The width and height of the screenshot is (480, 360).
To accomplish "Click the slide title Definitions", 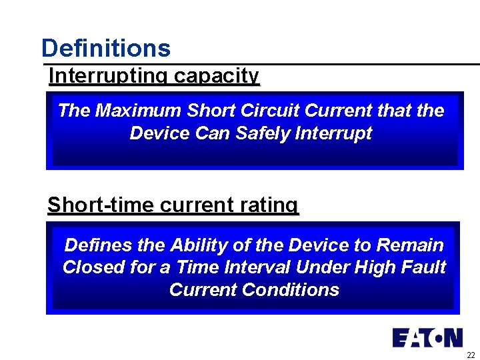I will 105,48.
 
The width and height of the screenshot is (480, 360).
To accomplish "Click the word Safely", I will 255,133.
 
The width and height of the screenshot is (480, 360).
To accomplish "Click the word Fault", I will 424,267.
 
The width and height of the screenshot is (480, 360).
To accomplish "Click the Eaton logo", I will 427,337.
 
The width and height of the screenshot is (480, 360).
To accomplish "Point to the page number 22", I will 470,355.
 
